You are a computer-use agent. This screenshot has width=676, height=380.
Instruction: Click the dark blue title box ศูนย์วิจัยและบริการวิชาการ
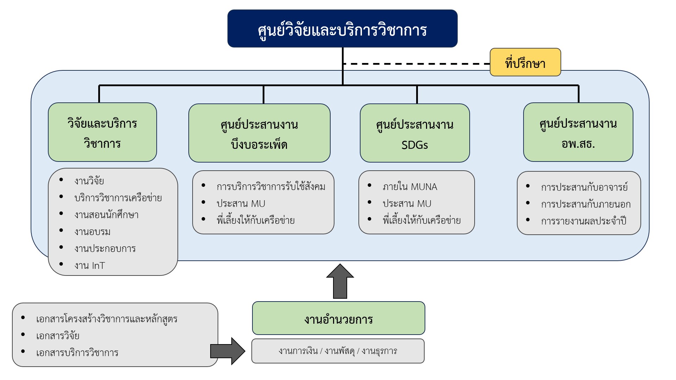342,29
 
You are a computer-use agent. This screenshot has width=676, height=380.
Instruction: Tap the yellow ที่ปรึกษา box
525,63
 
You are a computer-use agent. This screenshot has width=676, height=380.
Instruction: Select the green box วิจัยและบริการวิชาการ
102,132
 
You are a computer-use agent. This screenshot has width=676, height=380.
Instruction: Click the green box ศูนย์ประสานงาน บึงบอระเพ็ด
259,133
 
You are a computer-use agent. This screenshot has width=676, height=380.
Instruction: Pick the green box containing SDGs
414,133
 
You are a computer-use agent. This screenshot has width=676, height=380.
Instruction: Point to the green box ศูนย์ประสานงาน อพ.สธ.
578,132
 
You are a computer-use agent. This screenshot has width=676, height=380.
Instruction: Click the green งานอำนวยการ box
338,318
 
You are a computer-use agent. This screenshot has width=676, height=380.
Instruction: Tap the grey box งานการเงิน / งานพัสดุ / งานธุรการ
338,351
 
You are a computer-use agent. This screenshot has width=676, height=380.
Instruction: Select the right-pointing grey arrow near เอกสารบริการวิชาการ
228,351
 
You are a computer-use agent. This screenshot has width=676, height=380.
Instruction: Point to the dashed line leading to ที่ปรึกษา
415,64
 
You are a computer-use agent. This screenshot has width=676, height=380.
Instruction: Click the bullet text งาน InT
89,265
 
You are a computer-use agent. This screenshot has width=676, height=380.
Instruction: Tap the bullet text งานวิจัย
89,181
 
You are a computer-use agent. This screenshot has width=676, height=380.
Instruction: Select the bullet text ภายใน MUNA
410,187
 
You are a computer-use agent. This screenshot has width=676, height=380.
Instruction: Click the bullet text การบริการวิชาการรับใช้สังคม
271,187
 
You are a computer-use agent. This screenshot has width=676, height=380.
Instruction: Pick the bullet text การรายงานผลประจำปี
583,221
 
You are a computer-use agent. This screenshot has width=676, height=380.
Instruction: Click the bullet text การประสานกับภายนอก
586,204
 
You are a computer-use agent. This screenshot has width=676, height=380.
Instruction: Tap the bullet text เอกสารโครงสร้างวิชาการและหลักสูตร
107,319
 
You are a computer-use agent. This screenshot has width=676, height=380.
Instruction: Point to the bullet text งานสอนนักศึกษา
106,215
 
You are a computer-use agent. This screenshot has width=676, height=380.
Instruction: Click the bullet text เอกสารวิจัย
58,336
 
